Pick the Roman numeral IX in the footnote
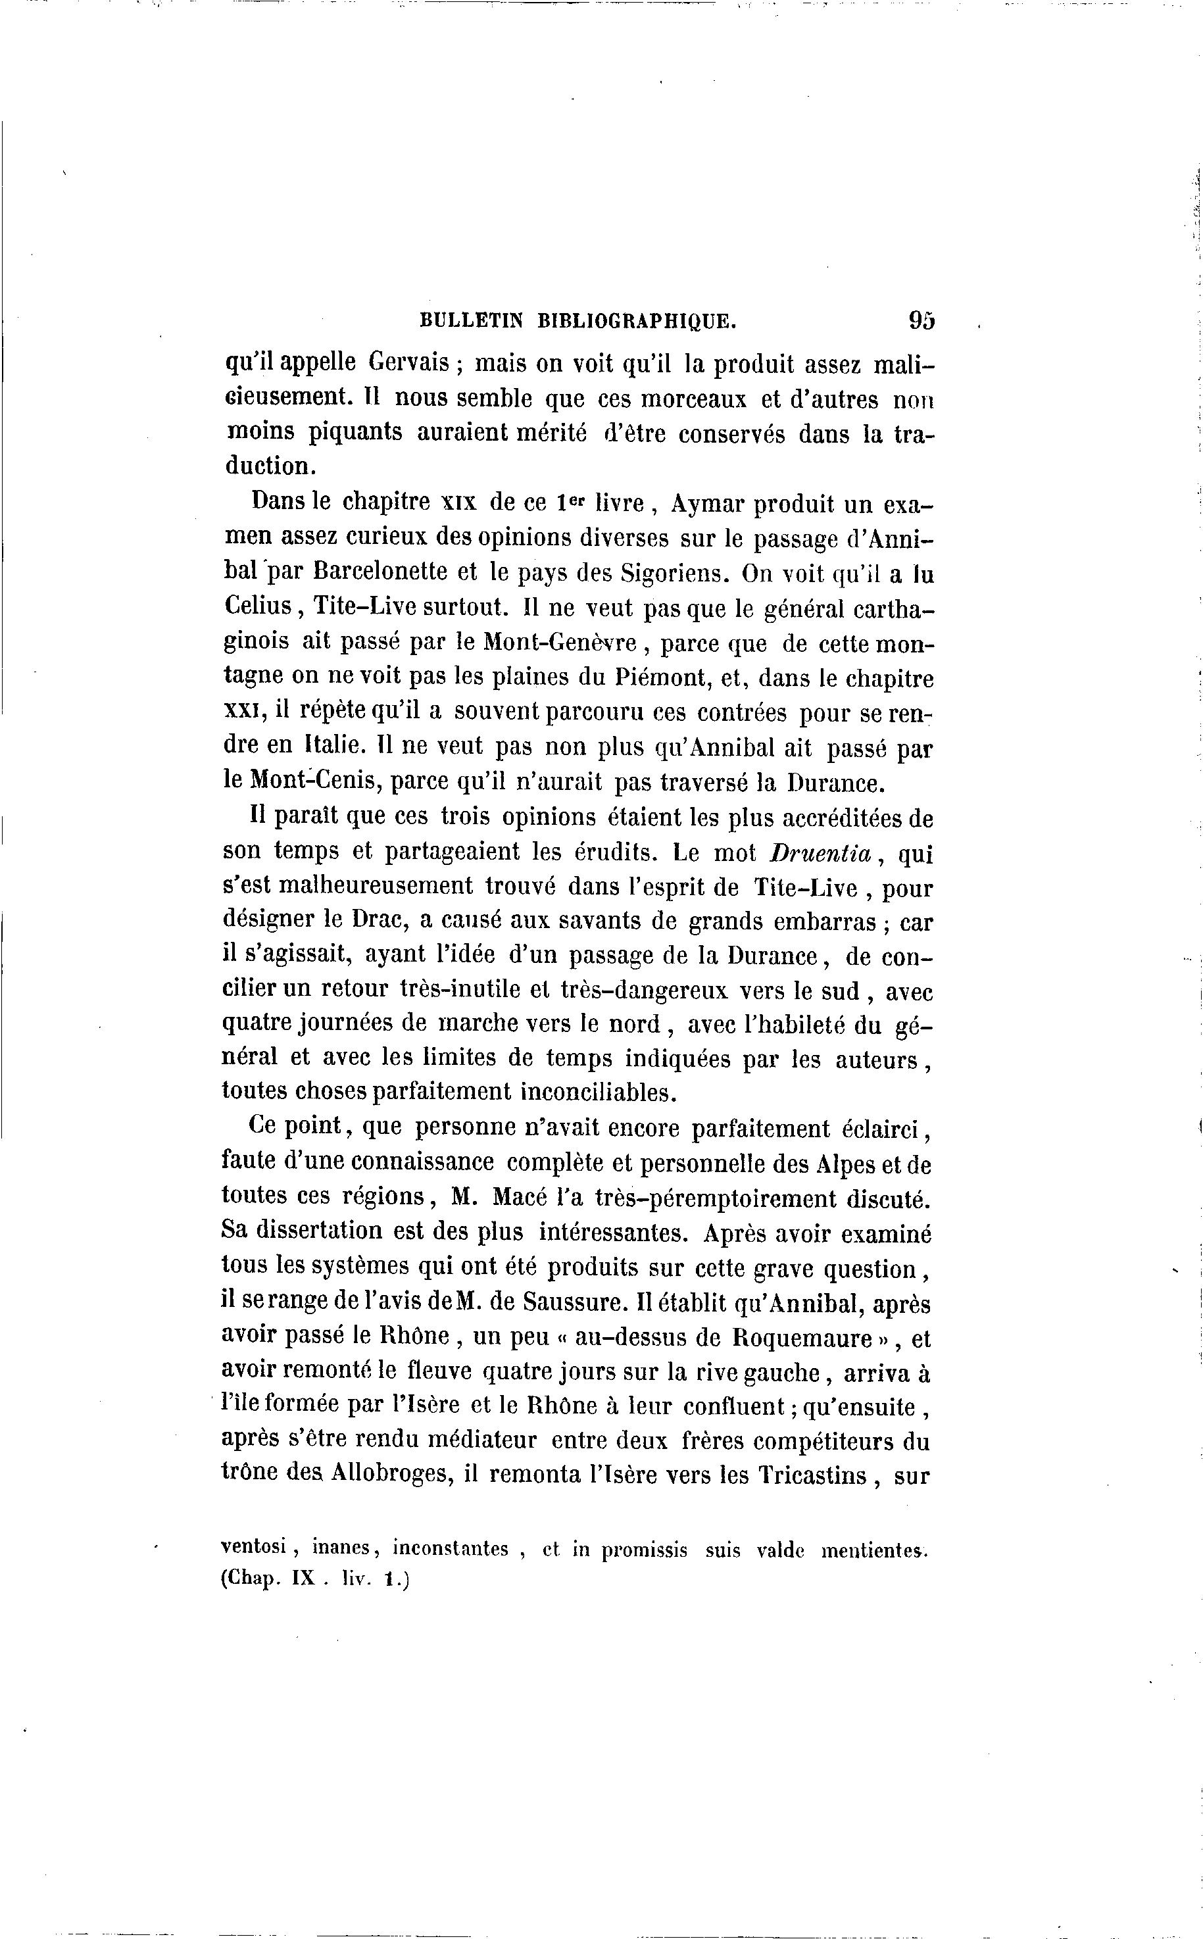[x=304, y=1579]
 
